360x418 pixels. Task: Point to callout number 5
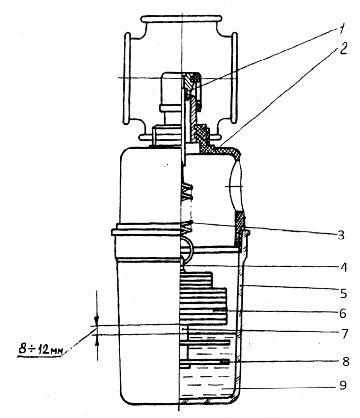click(343, 294)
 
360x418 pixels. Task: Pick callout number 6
click(342, 313)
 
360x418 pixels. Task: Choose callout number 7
click(343, 334)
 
